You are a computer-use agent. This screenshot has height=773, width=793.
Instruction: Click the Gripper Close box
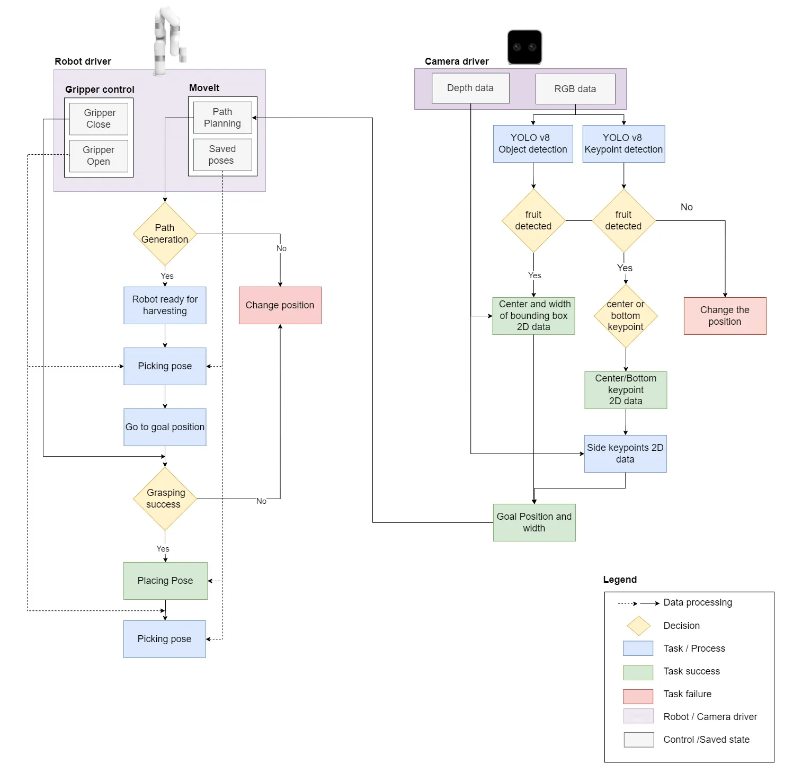(x=99, y=119)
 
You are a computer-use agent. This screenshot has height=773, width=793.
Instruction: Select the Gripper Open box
(x=99, y=156)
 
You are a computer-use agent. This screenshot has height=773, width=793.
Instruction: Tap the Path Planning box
(x=222, y=118)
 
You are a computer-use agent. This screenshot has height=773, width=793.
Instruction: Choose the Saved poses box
(x=222, y=155)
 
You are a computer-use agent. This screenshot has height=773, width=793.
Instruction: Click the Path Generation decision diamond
(x=165, y=234)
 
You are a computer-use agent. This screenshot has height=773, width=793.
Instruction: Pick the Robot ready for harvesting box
(x=165, y=305)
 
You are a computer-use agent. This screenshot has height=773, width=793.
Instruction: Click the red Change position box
(x=280, y=305)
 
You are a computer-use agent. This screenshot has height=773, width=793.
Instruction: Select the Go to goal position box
(x=165, y=427)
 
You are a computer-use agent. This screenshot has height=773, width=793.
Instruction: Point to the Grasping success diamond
(x=165, y=499)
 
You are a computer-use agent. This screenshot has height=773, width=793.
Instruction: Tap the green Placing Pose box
(x=165, y=581)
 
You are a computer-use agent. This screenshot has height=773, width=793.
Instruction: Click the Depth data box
(x=470, y=88)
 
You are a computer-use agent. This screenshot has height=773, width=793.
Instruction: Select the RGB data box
(x=575, y=89)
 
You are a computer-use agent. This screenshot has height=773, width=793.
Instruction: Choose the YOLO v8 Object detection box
(x=533, y=144)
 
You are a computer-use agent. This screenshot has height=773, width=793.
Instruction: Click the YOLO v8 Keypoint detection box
(x=623, y=144)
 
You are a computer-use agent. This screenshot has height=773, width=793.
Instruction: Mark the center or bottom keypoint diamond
(x=626, y=316)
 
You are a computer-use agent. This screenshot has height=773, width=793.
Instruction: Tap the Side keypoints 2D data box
(x=625, y=454)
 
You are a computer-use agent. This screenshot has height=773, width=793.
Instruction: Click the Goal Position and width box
(x=534, y=522)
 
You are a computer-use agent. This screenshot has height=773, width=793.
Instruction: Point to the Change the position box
(x=725, y=316)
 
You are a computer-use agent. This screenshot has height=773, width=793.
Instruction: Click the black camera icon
(x=524, y=47)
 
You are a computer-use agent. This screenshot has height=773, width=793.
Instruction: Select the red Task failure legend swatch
(x=638, y=696)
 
